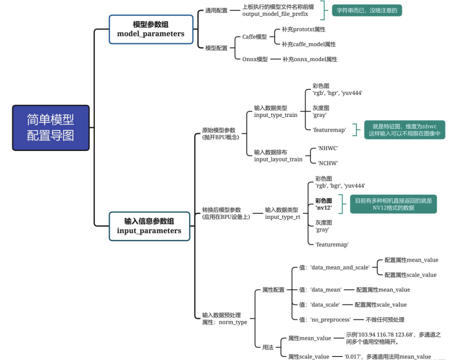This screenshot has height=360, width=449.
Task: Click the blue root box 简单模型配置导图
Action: point(50,128)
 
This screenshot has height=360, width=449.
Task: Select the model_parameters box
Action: point(151,29)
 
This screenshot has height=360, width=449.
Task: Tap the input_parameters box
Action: point(149,226)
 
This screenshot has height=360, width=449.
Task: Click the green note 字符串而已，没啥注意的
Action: point(367,10)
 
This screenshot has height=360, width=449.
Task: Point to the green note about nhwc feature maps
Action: point(404,130)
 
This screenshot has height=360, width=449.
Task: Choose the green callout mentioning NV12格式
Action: point(393,204)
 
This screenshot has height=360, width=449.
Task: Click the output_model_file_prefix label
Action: point(275,14)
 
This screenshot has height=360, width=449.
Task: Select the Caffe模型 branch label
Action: point(254,37)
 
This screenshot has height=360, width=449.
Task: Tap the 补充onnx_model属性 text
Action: point(310,59)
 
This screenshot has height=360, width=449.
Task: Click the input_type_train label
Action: point(275,115)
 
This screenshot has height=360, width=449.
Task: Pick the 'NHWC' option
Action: point(328,148)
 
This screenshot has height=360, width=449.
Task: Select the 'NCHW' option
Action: point(328,163)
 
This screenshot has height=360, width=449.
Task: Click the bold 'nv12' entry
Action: point(324,208)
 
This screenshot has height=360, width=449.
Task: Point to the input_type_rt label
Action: point(283,217)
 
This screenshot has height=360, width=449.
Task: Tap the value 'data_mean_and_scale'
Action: point(340,267)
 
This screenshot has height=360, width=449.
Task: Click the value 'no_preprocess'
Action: point(330,319)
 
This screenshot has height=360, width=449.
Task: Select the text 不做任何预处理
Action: point(385,320)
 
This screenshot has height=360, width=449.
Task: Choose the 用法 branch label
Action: point(268,348)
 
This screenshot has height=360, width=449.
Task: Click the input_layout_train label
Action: point(278,159)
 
